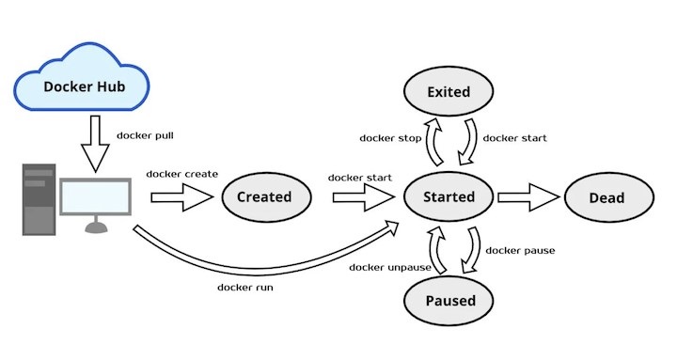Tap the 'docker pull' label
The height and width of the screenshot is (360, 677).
[x=145, y=135]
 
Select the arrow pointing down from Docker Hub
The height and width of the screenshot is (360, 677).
[x=95, y=144]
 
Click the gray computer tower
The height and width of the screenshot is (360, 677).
[x=39, y=197]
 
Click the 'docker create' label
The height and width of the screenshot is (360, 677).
[x=182, y=174]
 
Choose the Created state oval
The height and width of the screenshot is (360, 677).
[x=263, y=197]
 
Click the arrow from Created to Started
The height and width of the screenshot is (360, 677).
[x=362, y=197]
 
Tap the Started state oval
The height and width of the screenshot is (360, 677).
[x=449, y=197]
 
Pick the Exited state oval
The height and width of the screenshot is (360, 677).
[x=448, y=92]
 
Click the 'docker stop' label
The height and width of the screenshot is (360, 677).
[x=388, y=138]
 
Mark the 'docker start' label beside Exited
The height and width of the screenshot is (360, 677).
[x=514, y=138]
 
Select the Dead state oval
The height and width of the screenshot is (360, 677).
[x=607, y=197]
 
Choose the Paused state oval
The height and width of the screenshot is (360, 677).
[x=449, y=301]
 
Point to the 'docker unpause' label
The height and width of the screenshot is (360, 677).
[x=390, y=267]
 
